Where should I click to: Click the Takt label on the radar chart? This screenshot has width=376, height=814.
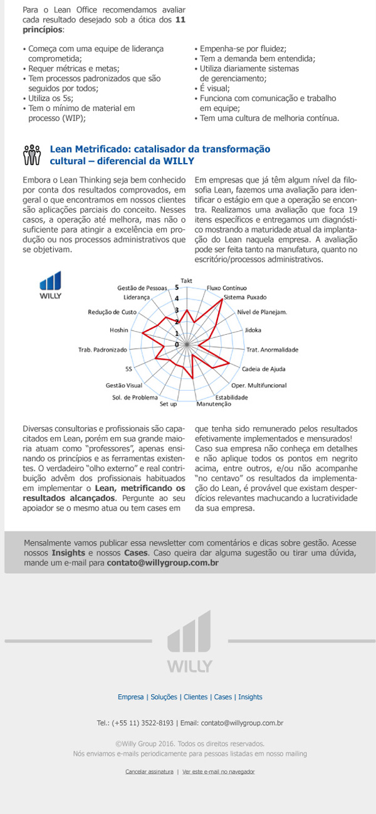[186, 280]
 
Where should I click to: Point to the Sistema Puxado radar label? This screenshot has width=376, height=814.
[245, 296]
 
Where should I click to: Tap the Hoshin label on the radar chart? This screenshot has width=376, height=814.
[118, 330]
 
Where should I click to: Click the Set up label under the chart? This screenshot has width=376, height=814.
[169, 404]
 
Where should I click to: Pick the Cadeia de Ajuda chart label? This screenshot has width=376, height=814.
[263, 369]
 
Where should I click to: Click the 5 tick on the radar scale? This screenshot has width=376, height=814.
[177, 287]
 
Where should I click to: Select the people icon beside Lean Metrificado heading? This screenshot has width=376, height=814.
[31, 155]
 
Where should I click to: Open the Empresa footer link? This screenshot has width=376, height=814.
[130, 697]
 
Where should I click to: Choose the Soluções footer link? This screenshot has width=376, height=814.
[164, 697]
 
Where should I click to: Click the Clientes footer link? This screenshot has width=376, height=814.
[196, 697]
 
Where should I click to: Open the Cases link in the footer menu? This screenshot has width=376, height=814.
[222, 697]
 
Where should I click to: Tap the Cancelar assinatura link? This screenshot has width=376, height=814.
[149, 771]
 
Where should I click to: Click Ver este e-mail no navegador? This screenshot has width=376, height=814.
[219, 771]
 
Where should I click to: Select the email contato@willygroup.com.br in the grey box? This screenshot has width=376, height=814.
[162, 563]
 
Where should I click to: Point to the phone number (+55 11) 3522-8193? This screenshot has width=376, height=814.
[144, 723]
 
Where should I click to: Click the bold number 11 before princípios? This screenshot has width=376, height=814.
[180, 20]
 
